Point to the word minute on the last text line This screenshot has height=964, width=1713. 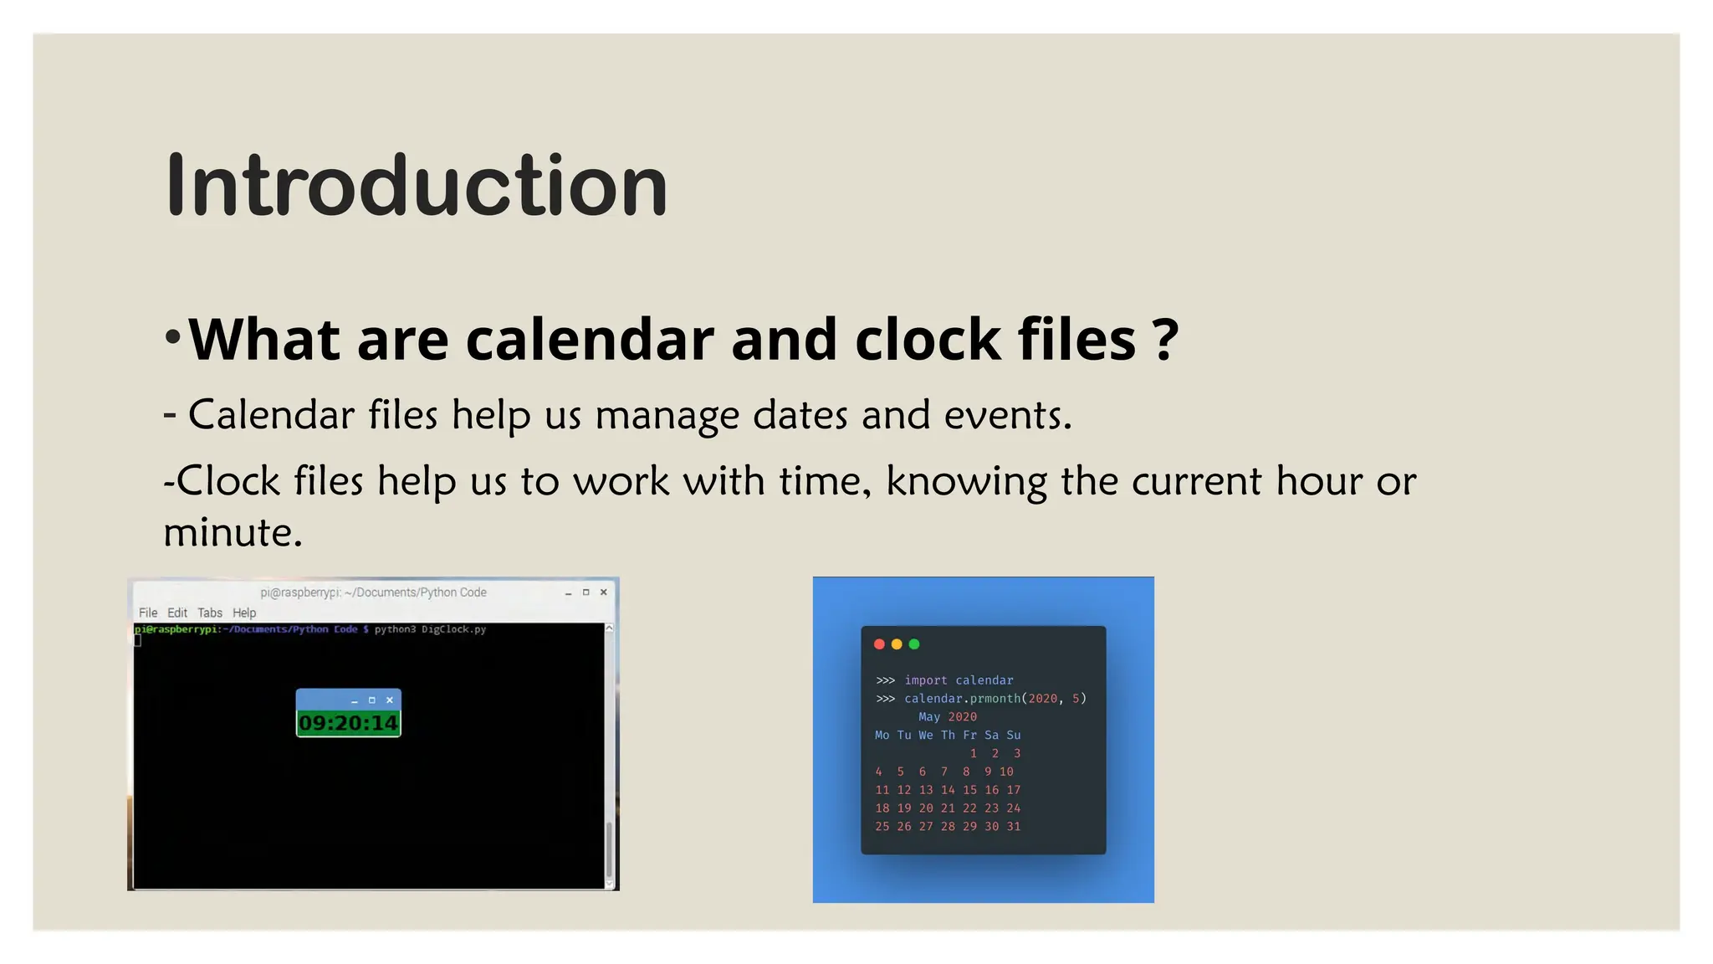tap(232, 533)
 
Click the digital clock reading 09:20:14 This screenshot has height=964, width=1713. tap(348, 723)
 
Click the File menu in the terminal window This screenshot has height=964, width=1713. tap(148, 613)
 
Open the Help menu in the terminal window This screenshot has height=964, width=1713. tap(244, 613)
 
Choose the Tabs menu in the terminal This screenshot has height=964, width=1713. tap(210, 613)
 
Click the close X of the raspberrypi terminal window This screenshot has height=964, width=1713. tap(604, 592)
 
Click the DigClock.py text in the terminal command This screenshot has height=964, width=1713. tap(453, 629)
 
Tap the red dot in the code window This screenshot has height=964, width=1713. tap(879, 644)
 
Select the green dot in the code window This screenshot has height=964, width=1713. tap(914, 644)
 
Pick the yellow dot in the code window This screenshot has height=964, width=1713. tap(897, 644)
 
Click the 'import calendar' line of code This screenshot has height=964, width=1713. tap(959, 680)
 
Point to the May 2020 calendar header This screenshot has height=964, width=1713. tap(948, 717)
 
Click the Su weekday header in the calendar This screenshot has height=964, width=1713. tap(1014, 736)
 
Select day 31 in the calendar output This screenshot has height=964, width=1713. tap(1014, 827)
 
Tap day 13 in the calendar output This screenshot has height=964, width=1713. tap(926, 790)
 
